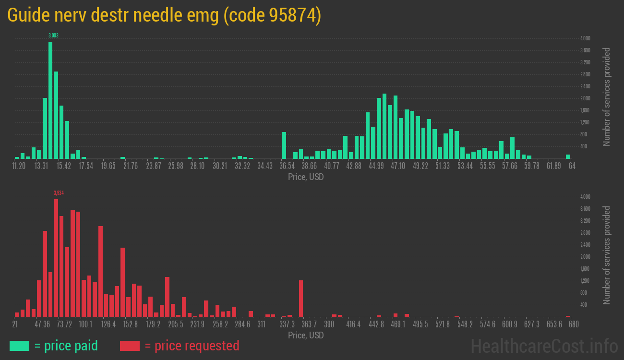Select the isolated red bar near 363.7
click(x=301, y=298)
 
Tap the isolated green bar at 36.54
click(x=284, y=145)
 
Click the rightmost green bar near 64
click(x=568, y=156)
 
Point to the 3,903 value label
click(x=53, y=36)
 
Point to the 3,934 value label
click(x=59, y=193)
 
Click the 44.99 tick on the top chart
click(x=376, y=166)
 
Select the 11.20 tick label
click(x=19, y=166)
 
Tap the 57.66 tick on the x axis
click(x=510, y=166)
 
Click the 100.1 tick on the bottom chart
click(x=85, y=324)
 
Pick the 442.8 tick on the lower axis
click(x=376, y=324)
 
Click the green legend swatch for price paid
click(x=19, y=346)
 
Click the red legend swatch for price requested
click(x=130, y=346)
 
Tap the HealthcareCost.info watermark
click(x=544, y=346)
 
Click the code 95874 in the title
click(x=272, y=16)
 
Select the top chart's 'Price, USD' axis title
click(x=306, y=177)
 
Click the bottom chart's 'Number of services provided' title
click(x=607, y=255)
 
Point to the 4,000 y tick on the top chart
click(x=585, y=38)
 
